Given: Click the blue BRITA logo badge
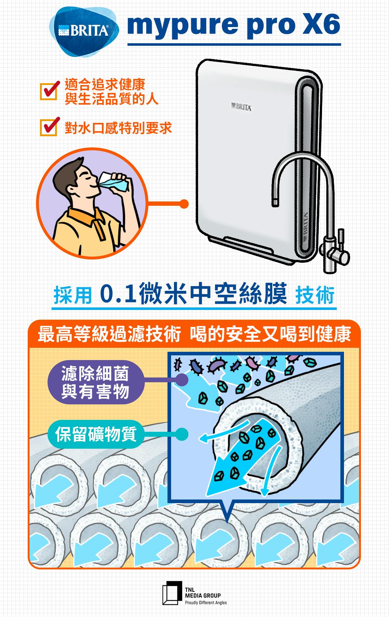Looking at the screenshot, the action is [x=84, y=31].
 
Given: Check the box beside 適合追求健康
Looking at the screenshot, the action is [x=49, y=91].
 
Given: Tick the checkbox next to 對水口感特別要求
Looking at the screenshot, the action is [x=49, y=127].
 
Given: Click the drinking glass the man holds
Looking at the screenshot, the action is [x=114, y=181].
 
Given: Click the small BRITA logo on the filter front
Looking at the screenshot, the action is [x=241, y=107].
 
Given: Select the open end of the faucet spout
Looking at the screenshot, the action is [x=275, y=203].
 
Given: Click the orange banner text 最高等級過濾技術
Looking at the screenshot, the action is [x=109, y=334].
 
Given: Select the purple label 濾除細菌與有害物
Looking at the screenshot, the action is [x=95, y=382].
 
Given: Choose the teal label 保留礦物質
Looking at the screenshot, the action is [x=95, y=434].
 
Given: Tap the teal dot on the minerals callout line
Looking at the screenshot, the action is [x=182, y=434].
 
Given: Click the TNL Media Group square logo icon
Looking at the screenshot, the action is [x=172, y=593].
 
